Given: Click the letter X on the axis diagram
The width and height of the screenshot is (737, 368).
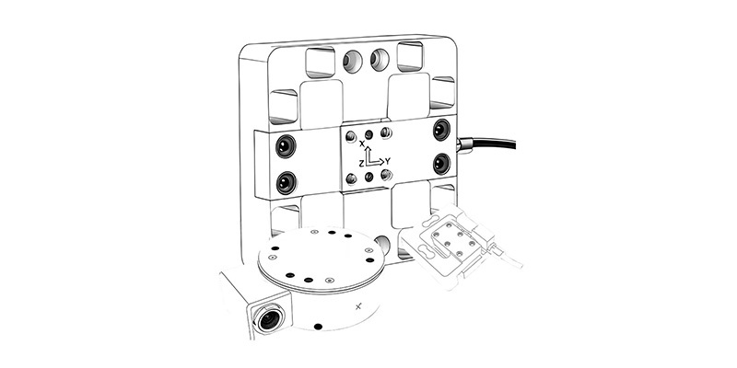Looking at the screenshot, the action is tap(362, 144).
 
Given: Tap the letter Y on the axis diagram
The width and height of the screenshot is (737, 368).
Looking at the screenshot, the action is tap(388, 161).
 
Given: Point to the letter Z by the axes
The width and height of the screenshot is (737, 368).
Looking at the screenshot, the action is tap(361, 164).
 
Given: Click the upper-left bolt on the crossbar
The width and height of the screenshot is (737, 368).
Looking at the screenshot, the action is tap(286, 146).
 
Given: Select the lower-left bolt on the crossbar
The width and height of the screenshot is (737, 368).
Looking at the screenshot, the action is tap(287, 182).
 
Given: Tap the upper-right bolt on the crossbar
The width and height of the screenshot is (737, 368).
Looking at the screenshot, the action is tap(442, 130).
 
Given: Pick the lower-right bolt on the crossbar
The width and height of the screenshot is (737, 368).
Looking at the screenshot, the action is tap(441, 164).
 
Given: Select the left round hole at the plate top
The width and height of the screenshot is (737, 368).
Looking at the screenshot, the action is tap(353, 61).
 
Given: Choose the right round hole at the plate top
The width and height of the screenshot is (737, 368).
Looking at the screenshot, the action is tap(380, 60).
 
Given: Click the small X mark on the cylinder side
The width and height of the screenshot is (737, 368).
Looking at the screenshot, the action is tap(358, 307).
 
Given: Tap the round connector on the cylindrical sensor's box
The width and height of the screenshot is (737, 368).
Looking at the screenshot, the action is tap(269, 319).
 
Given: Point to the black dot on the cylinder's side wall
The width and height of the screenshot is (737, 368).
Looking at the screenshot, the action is tap(318, 327).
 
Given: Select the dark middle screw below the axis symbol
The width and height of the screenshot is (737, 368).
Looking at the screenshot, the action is tap(369, 177).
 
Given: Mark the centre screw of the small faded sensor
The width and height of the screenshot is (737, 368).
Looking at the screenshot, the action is tap(448, 244).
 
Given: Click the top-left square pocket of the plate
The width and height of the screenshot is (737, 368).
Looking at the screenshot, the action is tap(320, 62).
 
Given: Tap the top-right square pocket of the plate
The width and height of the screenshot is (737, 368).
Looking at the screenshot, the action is tap(410, 56).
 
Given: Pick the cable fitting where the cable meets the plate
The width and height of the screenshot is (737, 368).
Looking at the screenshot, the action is tap(464, 144).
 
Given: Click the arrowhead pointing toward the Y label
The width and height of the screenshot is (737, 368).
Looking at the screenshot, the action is tap(380, 163).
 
